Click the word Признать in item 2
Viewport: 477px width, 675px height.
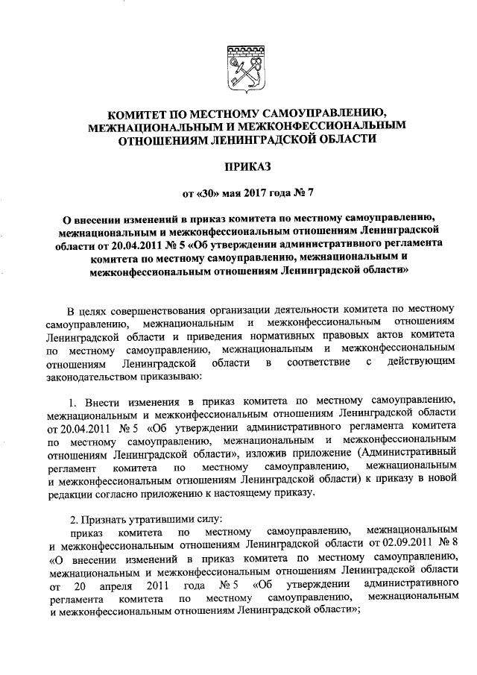click(x=110, y=520)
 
